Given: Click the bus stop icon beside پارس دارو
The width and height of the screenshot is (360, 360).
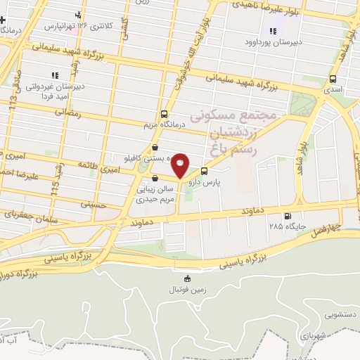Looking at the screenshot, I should pyautogui.click(x=204, y=170).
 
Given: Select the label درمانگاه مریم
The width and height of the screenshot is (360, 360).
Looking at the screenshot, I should pyautogui.click(x=163, y=126).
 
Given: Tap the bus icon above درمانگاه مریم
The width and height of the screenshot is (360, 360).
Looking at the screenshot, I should pyautogui.click(x=164, y=114).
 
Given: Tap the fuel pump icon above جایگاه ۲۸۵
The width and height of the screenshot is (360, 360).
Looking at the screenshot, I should pyautogui.click(x=285, y=216).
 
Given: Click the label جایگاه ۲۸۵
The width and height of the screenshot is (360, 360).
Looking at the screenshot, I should pyautogui.click(x=285, y=226).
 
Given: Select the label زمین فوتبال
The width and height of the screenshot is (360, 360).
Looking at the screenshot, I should pyautogui.click(x=186, y=290).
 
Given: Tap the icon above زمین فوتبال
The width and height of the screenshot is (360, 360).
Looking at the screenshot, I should pyautogui.click(x=186, y=278).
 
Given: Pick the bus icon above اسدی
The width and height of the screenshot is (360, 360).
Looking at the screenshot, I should pyautogui.click(x=332, y=79).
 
